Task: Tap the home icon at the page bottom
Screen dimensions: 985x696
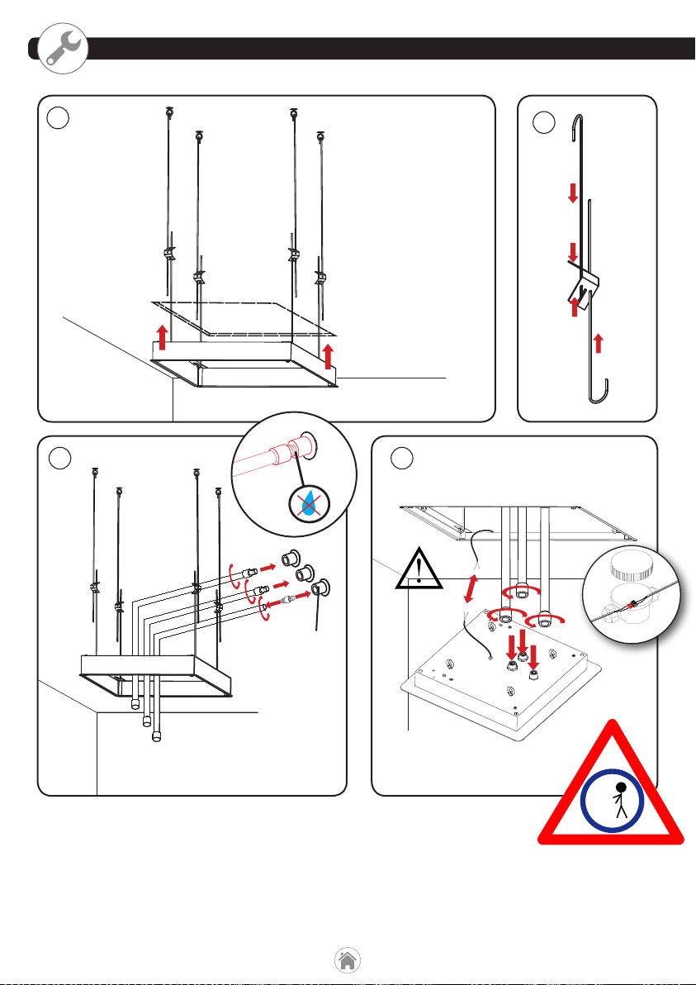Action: pos(348,960)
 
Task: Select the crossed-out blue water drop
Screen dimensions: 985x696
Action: pos(310,505)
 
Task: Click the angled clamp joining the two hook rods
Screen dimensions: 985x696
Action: pos(582,285)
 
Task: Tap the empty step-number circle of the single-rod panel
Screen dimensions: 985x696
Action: pos(544,122)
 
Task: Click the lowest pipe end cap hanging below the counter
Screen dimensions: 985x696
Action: pos(157,736)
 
